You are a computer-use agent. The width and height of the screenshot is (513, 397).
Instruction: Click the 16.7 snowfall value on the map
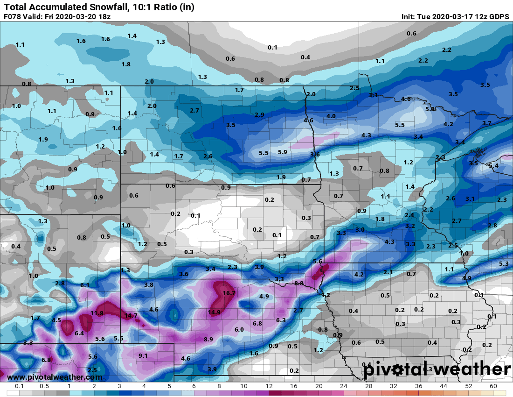229,293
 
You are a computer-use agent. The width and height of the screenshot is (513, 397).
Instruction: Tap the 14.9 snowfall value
215,312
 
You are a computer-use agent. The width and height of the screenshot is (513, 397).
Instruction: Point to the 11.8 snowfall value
97,313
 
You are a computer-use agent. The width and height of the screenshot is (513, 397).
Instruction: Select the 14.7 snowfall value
131,315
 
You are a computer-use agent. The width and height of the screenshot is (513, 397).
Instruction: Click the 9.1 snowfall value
143,355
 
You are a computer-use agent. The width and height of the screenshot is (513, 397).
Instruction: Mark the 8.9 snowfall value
208,339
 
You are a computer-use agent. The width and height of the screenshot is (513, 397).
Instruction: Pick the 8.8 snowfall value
299,283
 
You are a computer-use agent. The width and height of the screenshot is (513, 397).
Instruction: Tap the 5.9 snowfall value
283,152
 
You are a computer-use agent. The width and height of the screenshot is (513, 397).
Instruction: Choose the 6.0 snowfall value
239,329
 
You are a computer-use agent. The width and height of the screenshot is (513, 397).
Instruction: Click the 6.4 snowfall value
79,333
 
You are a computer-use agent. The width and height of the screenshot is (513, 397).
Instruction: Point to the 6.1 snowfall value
85,285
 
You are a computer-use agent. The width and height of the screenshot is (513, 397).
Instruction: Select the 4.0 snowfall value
331,116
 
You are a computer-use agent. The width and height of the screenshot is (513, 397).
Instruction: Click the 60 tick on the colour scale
493,387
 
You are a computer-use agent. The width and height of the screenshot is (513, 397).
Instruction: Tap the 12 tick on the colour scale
269,387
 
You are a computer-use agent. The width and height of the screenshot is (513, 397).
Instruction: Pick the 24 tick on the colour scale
344,387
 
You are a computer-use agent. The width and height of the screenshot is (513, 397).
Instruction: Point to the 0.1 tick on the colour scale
20,387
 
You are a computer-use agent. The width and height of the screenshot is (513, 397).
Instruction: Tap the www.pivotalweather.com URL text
55,377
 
